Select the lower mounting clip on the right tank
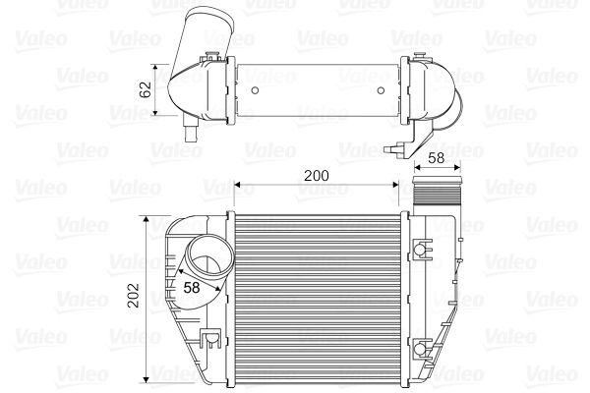(422, 349)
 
